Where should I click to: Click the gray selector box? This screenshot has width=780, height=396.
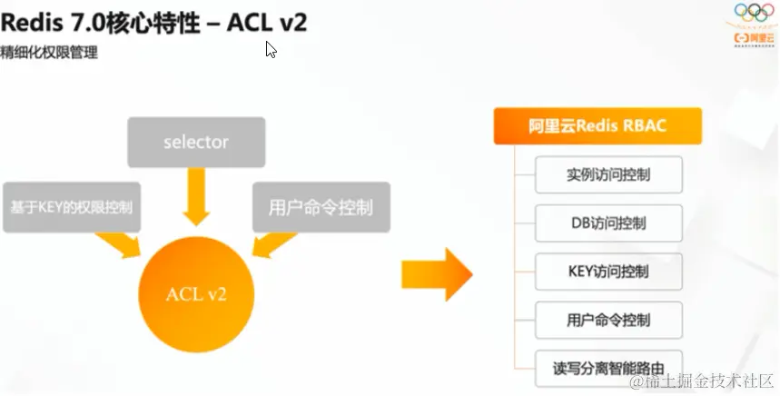[x=196, y=143]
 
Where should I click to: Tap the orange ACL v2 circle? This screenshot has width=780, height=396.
[x=196, y=292]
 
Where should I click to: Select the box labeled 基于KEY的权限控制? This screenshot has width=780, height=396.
[x=72, y=207]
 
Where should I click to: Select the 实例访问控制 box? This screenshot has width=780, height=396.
[x=608, y=173]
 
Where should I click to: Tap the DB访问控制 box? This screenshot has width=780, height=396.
[x=608, y=223]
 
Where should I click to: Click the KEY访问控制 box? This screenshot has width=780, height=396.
[x=608, y=272]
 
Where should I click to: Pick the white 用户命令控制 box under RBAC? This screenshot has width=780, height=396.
[x=608, y=320]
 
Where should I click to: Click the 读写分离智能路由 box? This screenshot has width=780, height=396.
[x=608, y=369]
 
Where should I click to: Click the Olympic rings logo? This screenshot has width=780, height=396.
[x=754, y=14]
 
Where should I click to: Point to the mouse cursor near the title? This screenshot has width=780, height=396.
[x=271, y=49]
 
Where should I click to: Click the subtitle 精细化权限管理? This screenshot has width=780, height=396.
[x=49, y=53]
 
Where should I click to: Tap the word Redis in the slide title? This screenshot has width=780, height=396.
[x=33, y=22]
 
